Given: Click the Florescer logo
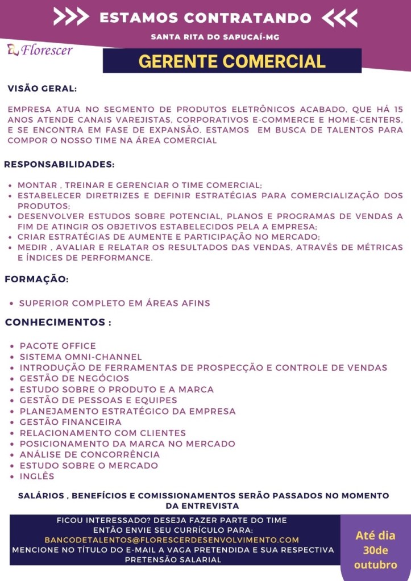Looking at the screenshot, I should (40, 50).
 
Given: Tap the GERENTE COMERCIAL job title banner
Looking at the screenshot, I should (232, 61).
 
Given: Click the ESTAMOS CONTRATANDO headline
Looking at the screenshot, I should (205, 18).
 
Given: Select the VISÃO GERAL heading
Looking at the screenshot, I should (42, 89).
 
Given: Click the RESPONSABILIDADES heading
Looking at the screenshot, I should (60, 165).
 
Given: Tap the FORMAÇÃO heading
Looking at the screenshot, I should (37, 279).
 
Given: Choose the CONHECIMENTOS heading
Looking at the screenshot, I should (57, 323).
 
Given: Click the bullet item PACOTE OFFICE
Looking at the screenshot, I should (58, 346).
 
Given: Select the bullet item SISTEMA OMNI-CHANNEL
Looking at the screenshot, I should (81, 357).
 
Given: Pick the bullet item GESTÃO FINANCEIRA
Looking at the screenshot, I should (70, 422).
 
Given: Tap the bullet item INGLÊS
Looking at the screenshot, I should (37, 476).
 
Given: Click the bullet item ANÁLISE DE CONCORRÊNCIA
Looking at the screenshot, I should (90, 454).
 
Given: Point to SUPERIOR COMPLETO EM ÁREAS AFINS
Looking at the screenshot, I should (114, 303).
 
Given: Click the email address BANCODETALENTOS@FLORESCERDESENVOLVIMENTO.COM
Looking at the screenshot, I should (172, 540).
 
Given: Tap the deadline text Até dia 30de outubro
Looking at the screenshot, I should (375, 550).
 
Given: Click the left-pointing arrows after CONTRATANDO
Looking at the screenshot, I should (339, 18).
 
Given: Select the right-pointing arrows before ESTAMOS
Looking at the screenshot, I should (71, 18).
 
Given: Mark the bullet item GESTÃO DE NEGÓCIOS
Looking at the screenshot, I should (74, 378).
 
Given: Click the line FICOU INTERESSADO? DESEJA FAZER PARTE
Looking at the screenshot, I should (172, 520).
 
